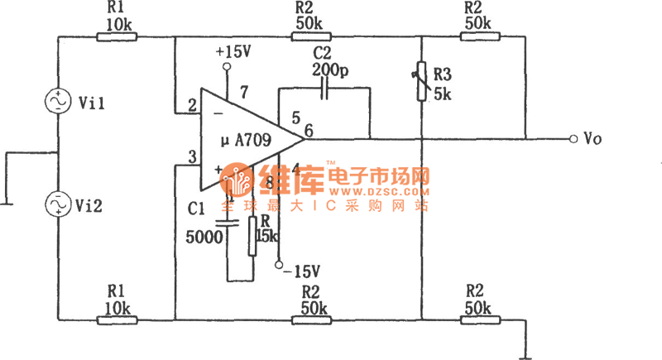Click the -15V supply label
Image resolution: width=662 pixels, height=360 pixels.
pos(301,270)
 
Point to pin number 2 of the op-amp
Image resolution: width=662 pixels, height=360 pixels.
pos(192,106)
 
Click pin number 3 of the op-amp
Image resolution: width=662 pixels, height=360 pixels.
pos(192,158)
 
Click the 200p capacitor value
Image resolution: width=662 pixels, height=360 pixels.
pos(330,70)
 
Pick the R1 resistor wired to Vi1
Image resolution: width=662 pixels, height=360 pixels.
pos(116,36)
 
